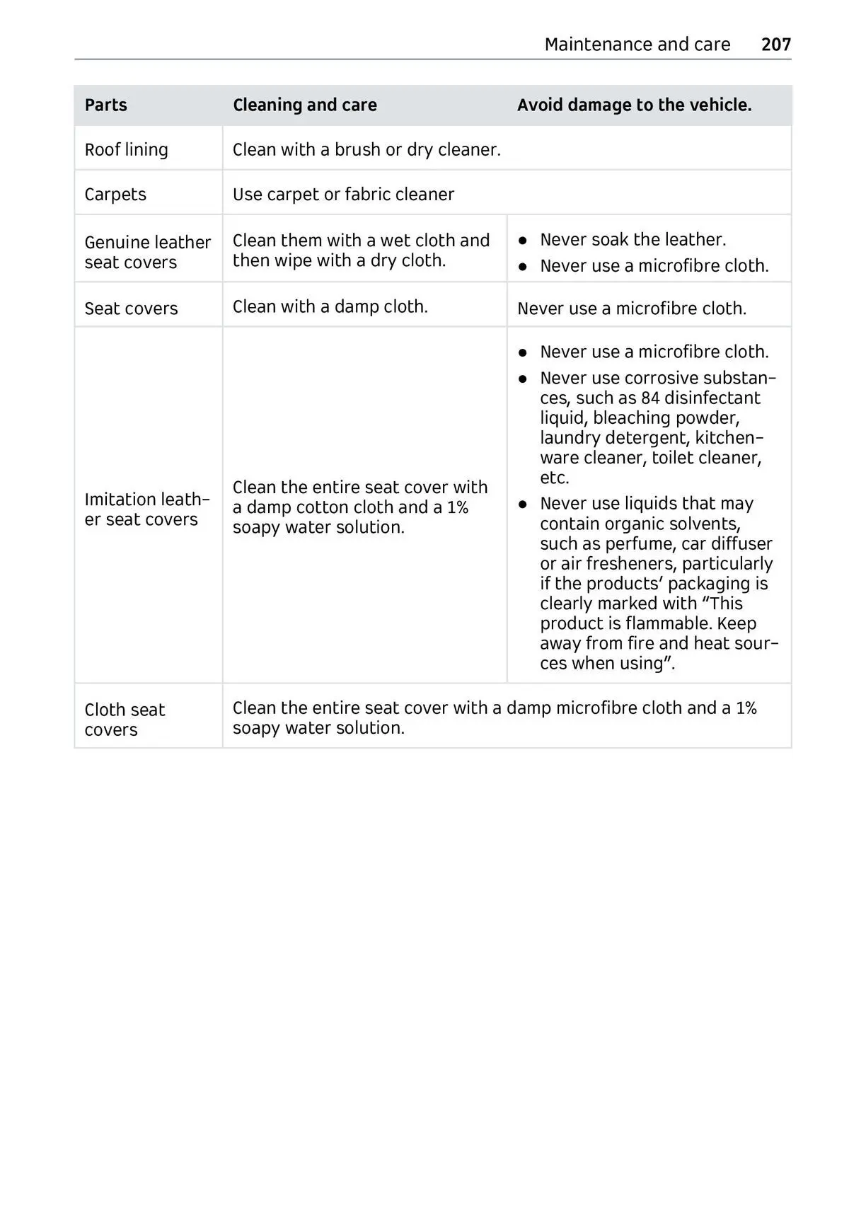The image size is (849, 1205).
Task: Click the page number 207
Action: [x=775, y=45]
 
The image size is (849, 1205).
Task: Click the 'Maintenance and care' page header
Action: [x=637, y=45]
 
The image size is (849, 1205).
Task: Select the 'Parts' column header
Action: [x=105, y=105]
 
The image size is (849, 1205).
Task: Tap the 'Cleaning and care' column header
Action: [x=304, y=105]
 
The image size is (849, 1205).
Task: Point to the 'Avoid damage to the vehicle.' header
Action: [x=634, y=105]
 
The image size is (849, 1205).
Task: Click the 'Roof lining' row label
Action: [x=126, y=150]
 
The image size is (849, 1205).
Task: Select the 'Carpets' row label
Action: [x=115, y=195]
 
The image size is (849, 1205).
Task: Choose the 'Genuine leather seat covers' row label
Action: [x=147, y=252]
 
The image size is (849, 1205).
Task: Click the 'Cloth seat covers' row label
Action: [x=125, y=720]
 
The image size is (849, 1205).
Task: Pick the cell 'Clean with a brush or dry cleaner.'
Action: [x=366, y=150]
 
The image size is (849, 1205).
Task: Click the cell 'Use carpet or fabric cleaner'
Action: [x=343, y=195]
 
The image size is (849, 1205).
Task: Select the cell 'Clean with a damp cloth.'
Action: [x=330, y=306]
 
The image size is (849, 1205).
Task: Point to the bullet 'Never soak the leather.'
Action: [x=633, y=240]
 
